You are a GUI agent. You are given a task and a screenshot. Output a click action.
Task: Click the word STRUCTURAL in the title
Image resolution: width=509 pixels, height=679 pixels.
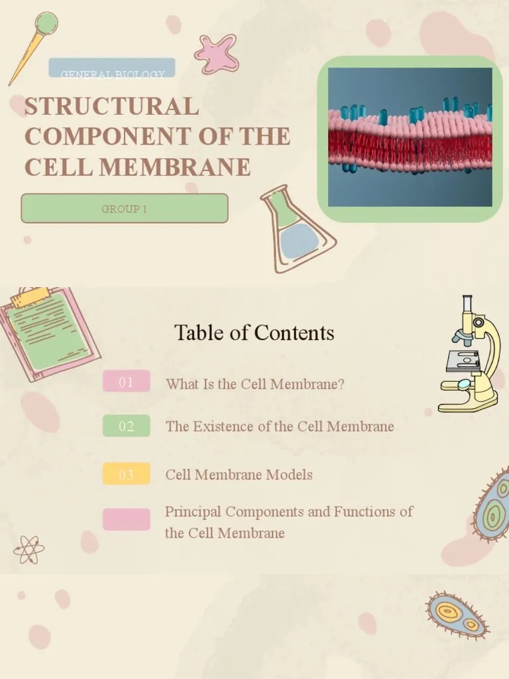[111, 107]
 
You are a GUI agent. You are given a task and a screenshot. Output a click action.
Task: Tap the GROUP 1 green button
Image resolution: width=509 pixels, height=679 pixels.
[125, 209]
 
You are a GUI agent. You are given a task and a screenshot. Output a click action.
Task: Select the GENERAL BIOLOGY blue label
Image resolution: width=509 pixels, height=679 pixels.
[112, 69]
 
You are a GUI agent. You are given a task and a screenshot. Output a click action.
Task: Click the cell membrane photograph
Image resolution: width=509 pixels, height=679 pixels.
[410, 137]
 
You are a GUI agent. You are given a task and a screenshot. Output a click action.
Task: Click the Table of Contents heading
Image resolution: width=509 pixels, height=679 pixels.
[254, 332]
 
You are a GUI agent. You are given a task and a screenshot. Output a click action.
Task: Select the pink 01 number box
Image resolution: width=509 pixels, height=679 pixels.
[126, 381]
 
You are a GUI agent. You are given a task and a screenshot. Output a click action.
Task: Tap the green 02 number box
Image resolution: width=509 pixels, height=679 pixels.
[126, 426]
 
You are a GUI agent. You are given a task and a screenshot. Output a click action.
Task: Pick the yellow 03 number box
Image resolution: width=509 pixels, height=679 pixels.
[126, 474]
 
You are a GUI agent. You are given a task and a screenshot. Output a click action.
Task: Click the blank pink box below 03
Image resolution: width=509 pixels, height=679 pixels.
[126, 519]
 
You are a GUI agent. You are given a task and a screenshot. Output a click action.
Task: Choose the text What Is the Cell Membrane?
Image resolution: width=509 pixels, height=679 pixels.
[254, 384]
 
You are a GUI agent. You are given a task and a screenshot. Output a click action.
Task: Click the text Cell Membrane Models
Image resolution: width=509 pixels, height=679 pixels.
[239, 475]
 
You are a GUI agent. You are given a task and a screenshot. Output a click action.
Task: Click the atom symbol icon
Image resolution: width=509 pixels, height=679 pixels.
[28, 549]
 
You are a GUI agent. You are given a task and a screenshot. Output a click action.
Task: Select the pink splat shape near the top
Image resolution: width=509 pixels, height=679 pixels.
[216, 53]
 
